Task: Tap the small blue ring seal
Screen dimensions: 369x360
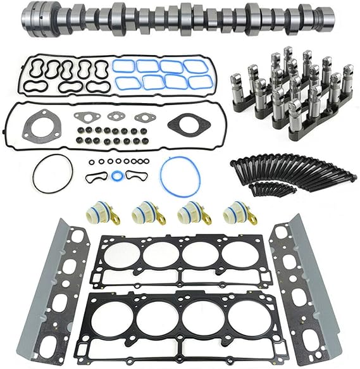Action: (116, 175)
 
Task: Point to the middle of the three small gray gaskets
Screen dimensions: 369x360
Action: (115, 117)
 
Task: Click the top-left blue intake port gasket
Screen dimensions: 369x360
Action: (123, 66)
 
